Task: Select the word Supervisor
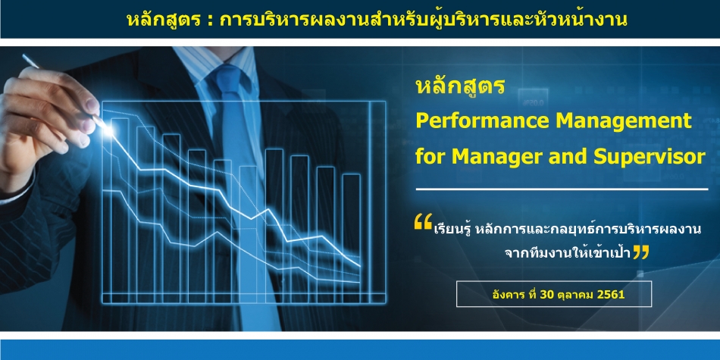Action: tap(649, 157)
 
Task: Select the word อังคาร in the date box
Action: tap(505, 294)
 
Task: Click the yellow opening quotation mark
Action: tap(423, 221)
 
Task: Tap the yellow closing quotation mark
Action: tap(641, 252)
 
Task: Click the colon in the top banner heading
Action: tap(209, 21)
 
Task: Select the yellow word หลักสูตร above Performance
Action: tap(460, 86)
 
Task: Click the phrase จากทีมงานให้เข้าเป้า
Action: tap(567, 253)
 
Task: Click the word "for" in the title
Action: tap(430, 157)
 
